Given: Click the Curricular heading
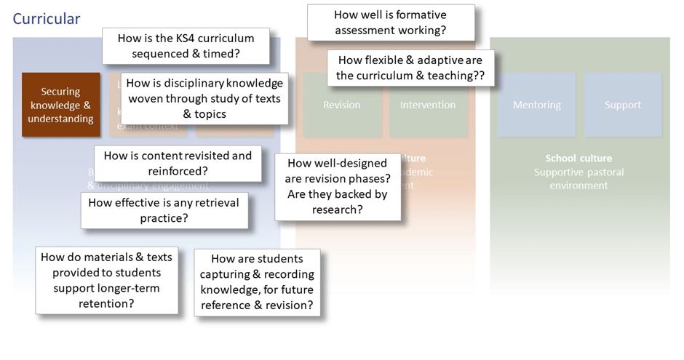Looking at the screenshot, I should tap(47, 19).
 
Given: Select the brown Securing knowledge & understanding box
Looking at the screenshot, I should tap(60, 105).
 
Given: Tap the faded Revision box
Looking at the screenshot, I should tap(341, 105).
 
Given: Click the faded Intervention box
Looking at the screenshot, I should tap(428, 105).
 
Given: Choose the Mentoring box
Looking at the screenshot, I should tap(536, 105).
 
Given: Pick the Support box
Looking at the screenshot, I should tap(623, 105).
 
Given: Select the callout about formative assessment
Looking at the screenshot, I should tap(390, 23).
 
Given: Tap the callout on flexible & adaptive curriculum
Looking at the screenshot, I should tap(410, 68).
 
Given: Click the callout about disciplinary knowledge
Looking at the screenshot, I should tap(204, 98).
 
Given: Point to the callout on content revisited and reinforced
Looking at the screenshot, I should tap(178, 163).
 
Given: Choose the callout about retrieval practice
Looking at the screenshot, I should tap(164, 209).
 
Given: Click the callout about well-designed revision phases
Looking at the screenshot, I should tap(338, 186).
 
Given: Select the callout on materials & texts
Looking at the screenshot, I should tap(106, 280).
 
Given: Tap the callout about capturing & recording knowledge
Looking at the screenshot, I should tap(257, 281).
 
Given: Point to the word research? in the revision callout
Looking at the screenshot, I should tap(338, 209).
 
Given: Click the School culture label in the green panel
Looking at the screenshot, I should tap(578, 159).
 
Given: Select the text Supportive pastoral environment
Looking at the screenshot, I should tap(579, 179).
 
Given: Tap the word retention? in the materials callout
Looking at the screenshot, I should tap(106, 303).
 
